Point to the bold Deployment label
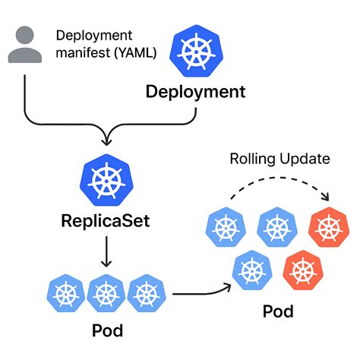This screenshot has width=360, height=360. [x=195, y=93]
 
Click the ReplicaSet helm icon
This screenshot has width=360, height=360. [x=103, y=180]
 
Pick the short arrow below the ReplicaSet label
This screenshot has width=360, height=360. [x=104, y=251]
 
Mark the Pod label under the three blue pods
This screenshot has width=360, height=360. [x=106, y=332]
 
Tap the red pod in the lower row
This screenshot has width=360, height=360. [x=302, y=269]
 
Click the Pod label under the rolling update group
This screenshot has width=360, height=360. [x=278, y=311]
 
